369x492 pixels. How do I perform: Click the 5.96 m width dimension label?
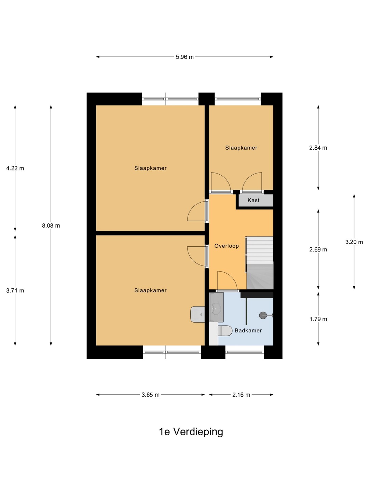point(184,57)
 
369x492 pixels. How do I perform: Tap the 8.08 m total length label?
point(51,225)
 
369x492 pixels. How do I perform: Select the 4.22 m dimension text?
point(15,168)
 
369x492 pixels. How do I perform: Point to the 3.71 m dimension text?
point(15,290)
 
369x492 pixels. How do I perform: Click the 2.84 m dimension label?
point(318,148)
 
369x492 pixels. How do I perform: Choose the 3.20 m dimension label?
point(354,242)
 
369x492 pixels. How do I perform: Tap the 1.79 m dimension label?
point(318,319)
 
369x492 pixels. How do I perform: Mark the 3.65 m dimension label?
point(150,395)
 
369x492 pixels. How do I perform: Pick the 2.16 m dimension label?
point(241,395)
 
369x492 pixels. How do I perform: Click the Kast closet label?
point(254,200)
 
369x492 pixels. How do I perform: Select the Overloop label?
point(227,246)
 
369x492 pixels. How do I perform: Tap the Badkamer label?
point(248,330)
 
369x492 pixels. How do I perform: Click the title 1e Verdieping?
point(191,432)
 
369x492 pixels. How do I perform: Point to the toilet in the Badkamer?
point(225,331)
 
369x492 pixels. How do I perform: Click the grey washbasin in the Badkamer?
point(216,307)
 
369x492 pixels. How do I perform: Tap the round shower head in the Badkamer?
point(263,315)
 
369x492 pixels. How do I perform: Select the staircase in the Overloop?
point(260,263)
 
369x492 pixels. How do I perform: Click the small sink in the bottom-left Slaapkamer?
point(197,314)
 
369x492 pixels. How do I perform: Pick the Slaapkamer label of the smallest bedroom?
point(241,148)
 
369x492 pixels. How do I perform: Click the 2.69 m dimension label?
point(318,249)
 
